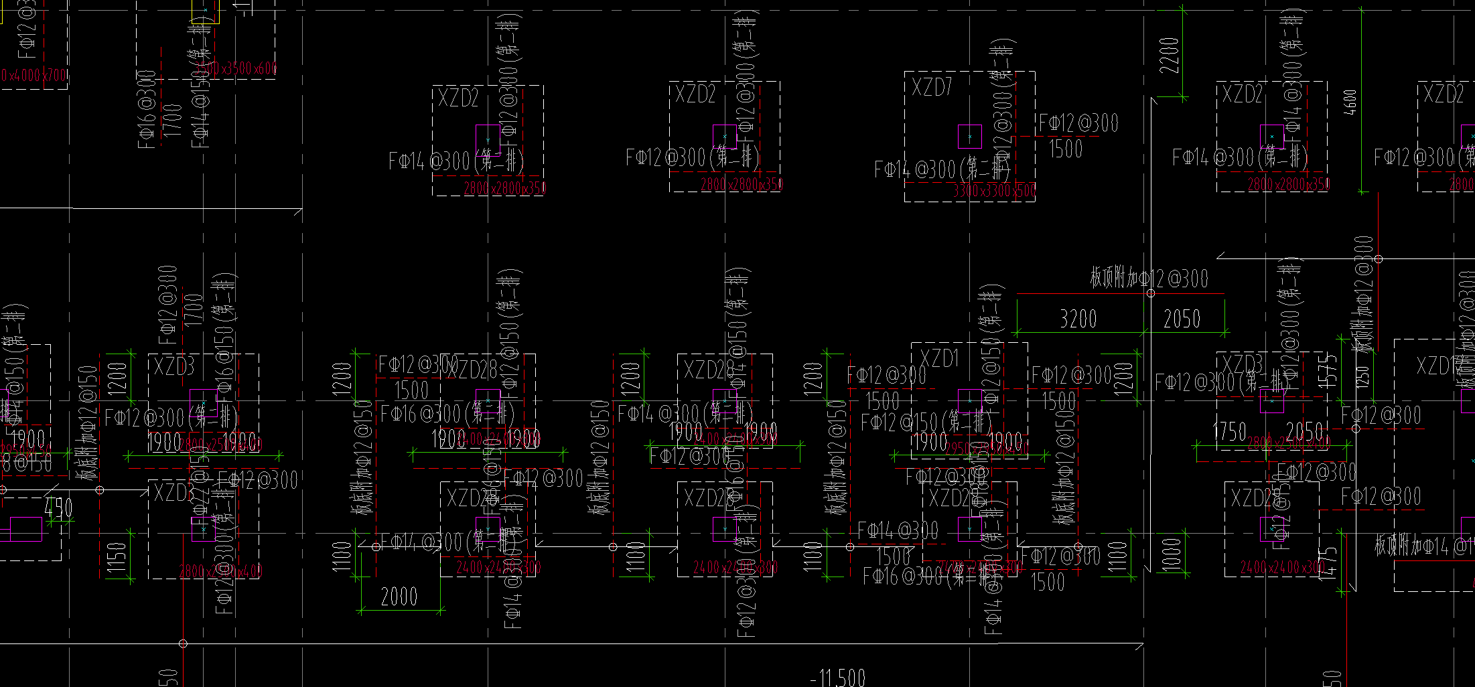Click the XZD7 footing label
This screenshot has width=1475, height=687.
932,87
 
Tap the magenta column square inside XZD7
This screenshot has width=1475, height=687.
969,137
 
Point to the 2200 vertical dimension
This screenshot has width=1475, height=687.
1169,56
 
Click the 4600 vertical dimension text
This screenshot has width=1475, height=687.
1350,102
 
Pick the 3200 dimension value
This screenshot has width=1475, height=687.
1078,319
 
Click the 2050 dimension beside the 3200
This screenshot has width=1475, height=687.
1182,319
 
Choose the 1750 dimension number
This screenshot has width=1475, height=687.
1230,432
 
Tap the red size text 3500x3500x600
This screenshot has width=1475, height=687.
236,68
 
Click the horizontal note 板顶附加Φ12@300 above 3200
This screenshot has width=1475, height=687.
1149,278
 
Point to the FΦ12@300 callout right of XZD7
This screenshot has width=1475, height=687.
1078,123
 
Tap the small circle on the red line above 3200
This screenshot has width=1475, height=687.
1151,293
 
